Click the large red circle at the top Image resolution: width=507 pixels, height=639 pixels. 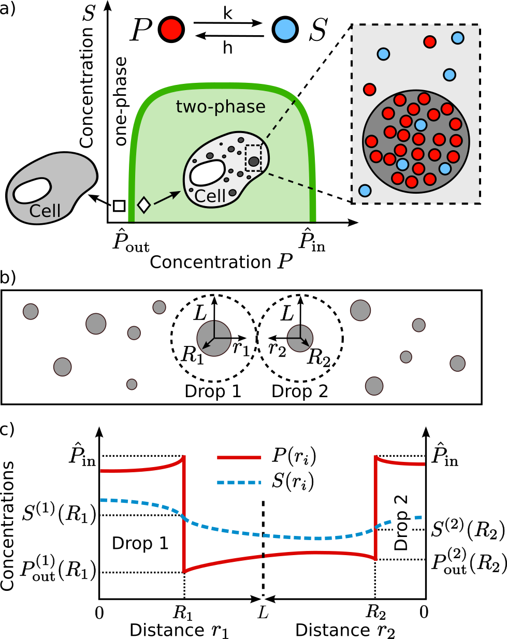pyautogui.click(x=171, y=30)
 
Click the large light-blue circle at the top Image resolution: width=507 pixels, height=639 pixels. pyautogui.click(x=285, y=30)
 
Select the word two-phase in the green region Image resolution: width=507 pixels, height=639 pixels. pyautogui.click(x=221, y=107)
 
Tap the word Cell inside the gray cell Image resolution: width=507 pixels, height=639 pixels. pyautogui.click(x=45, y=211)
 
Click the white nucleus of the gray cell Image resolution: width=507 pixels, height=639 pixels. pyautogui.click(x=32, y=191)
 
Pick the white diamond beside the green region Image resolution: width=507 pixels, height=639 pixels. pyautogui.click(x=143, y=205)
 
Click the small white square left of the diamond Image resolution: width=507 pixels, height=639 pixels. pyautogui.click(x=119, y=206)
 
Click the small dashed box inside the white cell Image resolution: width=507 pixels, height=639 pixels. pyautogui.click(x=253, y=158)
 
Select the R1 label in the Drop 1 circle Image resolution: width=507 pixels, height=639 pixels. pyautogui.click(x=192, y=355)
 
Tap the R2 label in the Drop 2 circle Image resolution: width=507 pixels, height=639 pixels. pyautogui.click(x=318, y=357)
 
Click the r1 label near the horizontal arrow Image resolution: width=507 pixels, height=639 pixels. pyautogui.click(x=241, y=348)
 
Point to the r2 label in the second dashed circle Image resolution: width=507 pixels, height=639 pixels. pyautogui.click(x=277, y=350)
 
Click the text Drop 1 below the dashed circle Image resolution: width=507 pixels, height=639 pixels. pyautogui.click(x=213, y=391)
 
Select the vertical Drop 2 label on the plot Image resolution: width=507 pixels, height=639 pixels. pyautogui.click(x=402, y=522)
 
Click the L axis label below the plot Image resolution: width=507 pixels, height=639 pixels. pyautogui.click(x=263, y=612)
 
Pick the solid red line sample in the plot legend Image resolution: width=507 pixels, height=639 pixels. pyautogui.click(x=239, y=458)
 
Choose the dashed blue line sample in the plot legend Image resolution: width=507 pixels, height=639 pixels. pyautogui.click(x=239, y=483)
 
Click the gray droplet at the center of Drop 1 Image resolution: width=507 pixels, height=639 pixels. pyautogui.click(x=214, y=338)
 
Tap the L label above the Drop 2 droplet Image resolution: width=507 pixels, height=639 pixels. pyautogui.click(x=287, y=314)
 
